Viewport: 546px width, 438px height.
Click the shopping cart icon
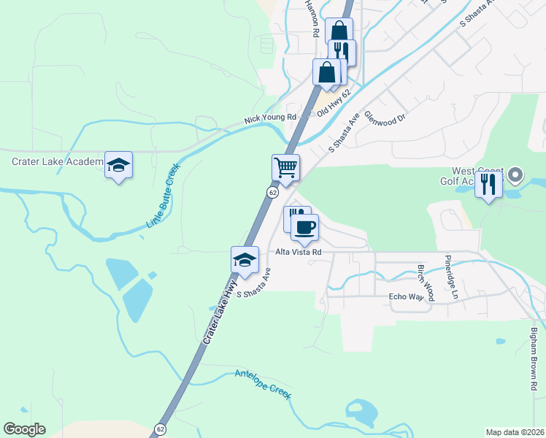click(285, 166)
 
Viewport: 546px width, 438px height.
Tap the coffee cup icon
click(304, 226)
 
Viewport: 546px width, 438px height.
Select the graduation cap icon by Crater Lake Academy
click(118, 164)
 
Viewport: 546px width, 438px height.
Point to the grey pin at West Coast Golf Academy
click(516, 174)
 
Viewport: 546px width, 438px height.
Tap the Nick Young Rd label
click(270, 118)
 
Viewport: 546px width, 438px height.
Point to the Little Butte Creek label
click(163, 194)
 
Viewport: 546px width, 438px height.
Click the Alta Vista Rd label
click(299, 252)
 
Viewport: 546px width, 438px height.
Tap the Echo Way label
click(406, 297)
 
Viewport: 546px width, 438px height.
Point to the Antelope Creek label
click(263, 385)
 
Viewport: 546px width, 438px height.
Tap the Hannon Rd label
click(311, 18)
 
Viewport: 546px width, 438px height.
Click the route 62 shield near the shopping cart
click(272, 192)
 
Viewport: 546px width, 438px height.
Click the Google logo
click(24, 429)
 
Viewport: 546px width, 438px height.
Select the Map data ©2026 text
click(514, 432)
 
